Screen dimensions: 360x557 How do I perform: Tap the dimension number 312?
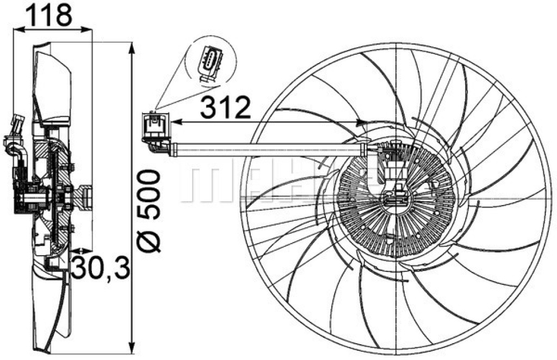pyautogui.click(x=226, y=109)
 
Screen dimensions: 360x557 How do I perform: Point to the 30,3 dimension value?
pyautogui.click(x=101, y=268)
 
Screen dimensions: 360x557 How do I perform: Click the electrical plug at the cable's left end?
pyautogui.click(x=156, y=126)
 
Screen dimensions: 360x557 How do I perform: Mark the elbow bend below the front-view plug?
pyautogui.click(x=154, y=146)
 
